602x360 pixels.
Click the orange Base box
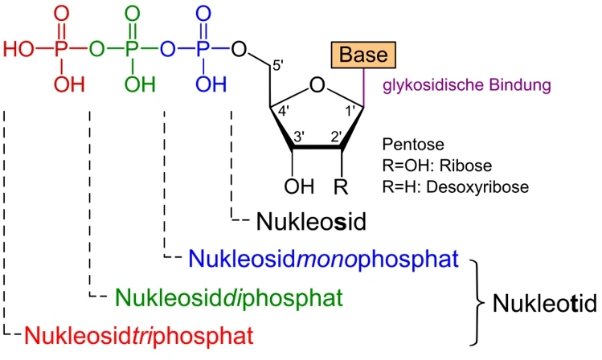361,55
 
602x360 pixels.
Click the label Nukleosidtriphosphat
119,332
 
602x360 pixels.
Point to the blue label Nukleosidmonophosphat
322,259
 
